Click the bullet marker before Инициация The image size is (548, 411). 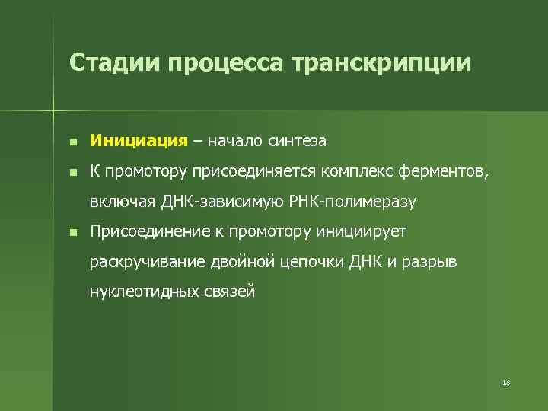(71, 142)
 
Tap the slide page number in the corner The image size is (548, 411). (506, 382)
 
